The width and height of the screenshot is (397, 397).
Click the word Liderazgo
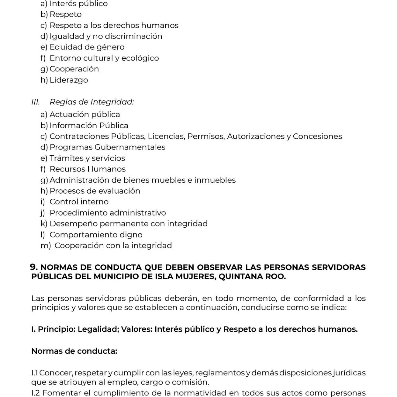(x=69, y=80)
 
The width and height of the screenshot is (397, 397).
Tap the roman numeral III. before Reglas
(x=36, y=102)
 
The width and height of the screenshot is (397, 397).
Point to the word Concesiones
(x=317, y=136)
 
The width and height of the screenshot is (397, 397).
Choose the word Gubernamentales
(x=130, y=147)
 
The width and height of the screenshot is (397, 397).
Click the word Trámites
(x=67, y=158)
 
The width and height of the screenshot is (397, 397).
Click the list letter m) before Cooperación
(x=46, y=246)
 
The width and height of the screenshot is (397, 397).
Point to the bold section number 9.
(x=34, y=267)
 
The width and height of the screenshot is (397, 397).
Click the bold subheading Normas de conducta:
(x=74, y=351)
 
